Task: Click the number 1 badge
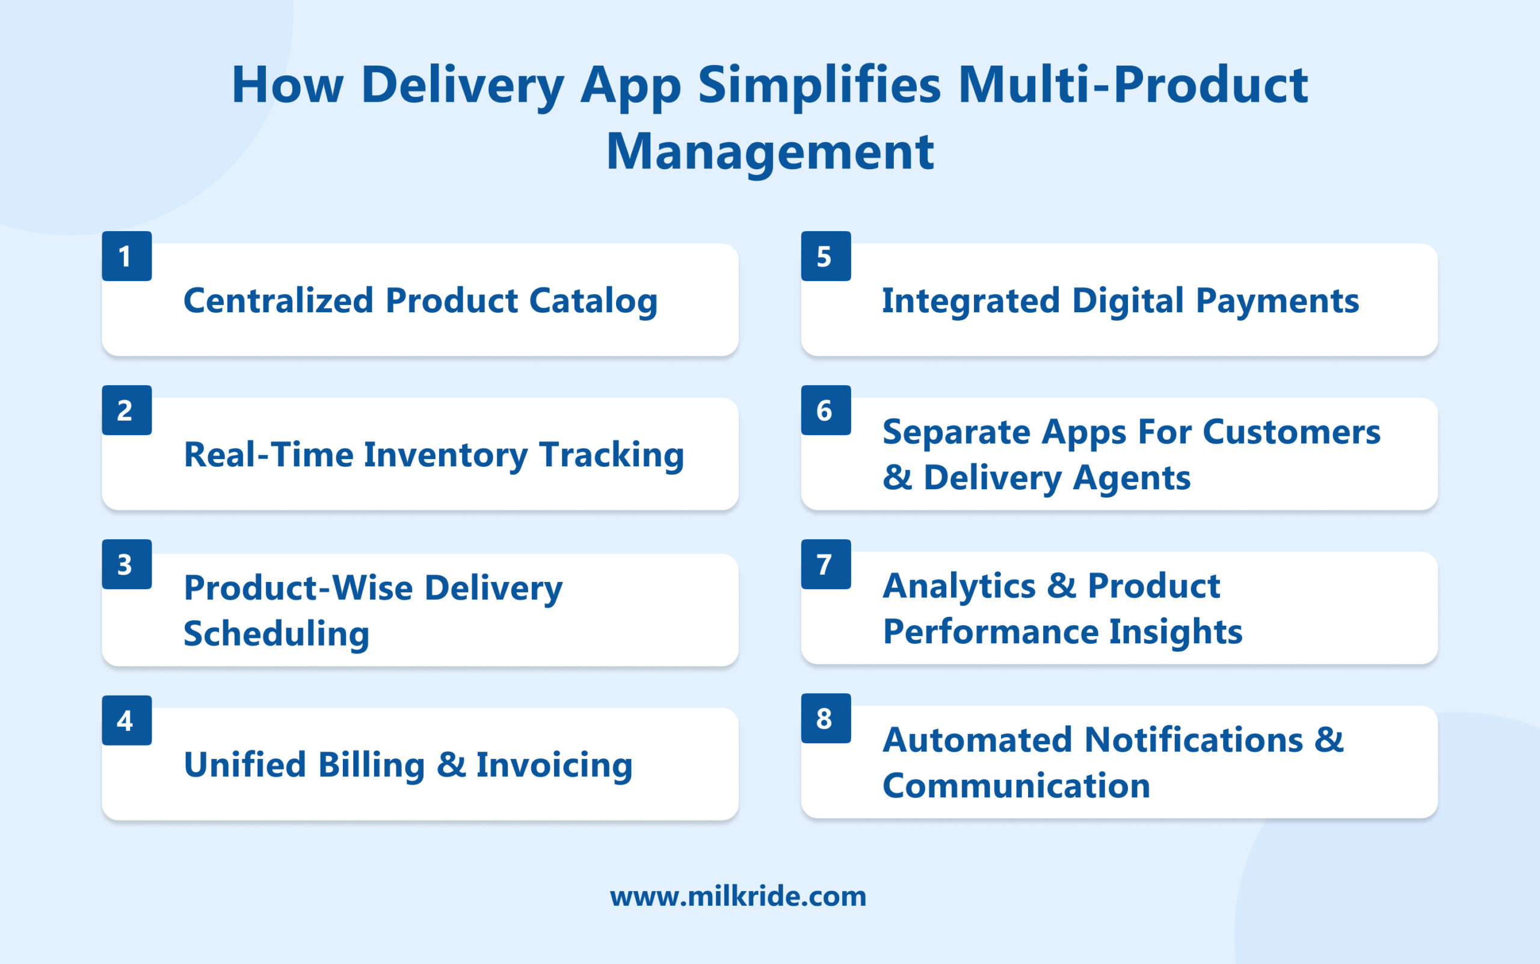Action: [127, 256]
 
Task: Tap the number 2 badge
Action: [127, 410]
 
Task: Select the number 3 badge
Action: [127, 564]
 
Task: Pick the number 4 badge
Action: [127, 720]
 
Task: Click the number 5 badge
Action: [825, 256]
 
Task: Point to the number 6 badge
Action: [825, 410]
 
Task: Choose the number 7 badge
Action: [825, 564]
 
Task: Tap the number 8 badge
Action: [825, 718]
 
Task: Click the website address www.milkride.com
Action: [738, 897]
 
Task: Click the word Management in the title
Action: [770, 152]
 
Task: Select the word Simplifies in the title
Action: [819, 85]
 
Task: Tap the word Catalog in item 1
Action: [593, 301]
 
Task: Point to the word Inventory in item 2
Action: [446, 455]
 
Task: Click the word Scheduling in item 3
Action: [276, 634]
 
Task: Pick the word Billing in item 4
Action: [371, 764]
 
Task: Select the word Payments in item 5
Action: [1277, 301]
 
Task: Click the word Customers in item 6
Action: [1292, 432]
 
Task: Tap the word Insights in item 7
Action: [1175, 632]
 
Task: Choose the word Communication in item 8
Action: [1016, 785]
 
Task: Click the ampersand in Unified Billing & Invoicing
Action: [451, 764]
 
